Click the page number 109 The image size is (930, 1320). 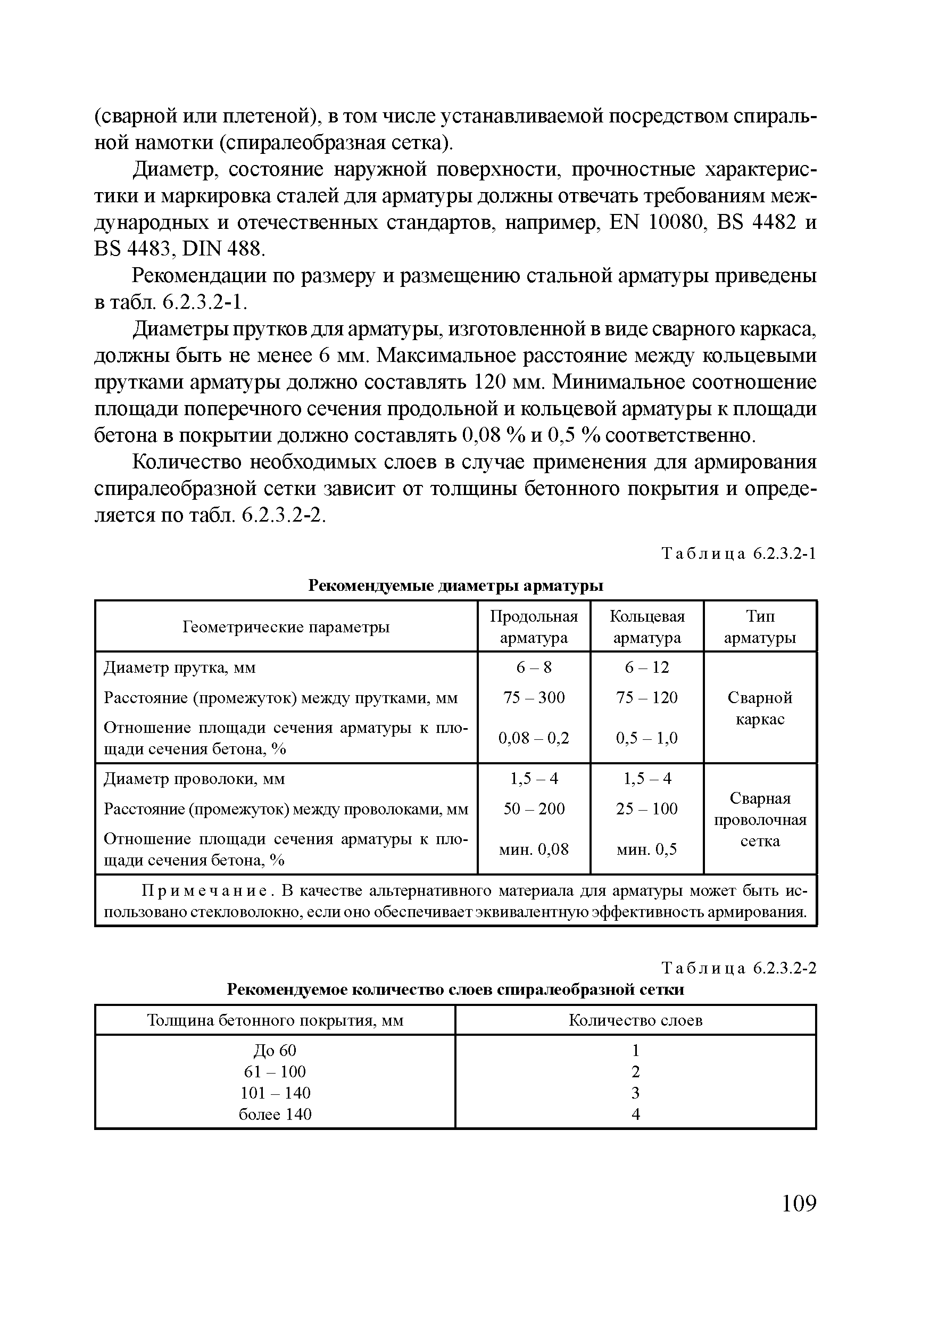(799, 1203)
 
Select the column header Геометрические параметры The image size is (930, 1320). (286, 626)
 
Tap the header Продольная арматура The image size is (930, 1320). (534, 626)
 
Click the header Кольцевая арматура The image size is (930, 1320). (646, 626)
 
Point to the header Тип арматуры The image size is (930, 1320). (760, 626)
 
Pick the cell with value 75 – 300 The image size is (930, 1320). (534, 697)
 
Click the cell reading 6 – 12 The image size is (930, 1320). (646, 667)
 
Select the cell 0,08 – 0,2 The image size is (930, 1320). (534, 738)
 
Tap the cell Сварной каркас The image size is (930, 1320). (760, 708)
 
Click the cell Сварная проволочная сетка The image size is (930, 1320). (760, 820)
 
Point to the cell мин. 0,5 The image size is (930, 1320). (646, 849)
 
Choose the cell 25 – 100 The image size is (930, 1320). (646, 809)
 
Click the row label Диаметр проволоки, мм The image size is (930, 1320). (194, 779)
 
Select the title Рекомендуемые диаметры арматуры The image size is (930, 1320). (456, 585)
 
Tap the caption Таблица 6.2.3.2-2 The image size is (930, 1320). (738, 969)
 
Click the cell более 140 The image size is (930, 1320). (275, 1114)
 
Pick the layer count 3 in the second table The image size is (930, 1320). (635, 1092)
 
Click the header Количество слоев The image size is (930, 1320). (635, 1020)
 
